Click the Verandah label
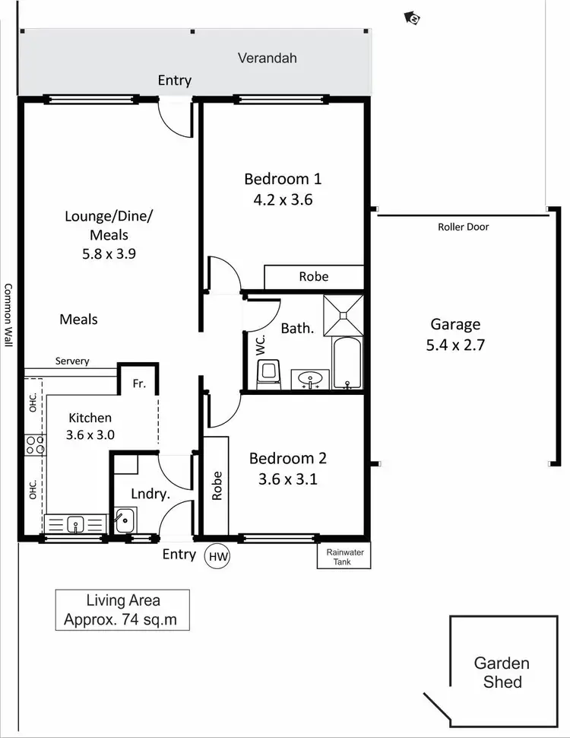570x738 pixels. pyautogui.click(x=267, y=58)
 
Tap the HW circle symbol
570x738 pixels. pyautogui.click(x=218, y=556)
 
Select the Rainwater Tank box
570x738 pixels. pyautogui.click(x=344, y=556)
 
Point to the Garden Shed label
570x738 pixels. pyautogui.click(x=502, y=672)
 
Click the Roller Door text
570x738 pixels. pyautogui.click(x=463, y=227)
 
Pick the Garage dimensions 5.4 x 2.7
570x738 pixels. pyautogui.click(x=456, y=344)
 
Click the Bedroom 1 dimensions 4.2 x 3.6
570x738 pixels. pyautogui.click(x=282, y=200)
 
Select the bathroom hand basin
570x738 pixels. pyautogui.click(x=312, y=378)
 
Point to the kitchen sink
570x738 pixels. pyautogui.click(x=74, y=523)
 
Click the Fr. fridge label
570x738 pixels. pyautogui.click(x=139, y=384)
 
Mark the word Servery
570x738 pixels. pyautogui.click(x=72, y=361)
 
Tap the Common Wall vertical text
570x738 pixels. pyautogui.click(x=8, y=314)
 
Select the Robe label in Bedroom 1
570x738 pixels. pyautogui.click(x=313, y=276)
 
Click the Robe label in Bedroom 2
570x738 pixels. pyautogui.click(x=217, y=485)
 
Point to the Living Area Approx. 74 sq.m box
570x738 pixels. pyautogui.click(x=122, y=610)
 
